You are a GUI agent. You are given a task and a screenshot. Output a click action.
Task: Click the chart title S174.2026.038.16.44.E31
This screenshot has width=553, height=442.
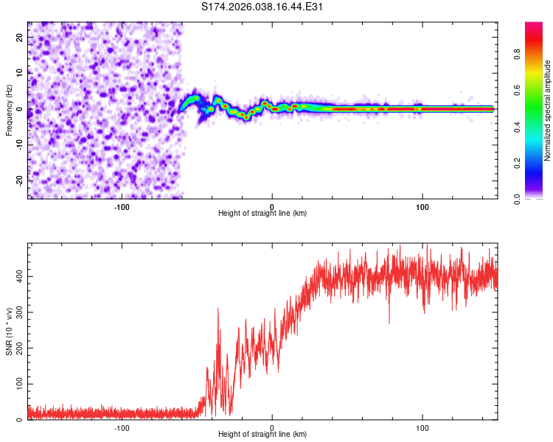pyautogui.click(x=263, y=7)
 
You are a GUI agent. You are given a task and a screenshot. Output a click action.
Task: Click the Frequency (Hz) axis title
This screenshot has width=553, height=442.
pyautogui.click(x=9, y=109)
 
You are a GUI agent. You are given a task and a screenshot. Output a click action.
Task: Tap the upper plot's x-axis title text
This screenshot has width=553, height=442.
pyautogui.click(x=262, y=213)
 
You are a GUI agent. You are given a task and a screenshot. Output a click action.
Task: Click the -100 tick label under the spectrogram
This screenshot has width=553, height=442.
pyautogui.click(x=122, y=206)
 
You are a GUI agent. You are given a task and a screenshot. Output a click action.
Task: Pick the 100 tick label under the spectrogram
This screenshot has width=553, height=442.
pyautogui.click(x=422, y=206)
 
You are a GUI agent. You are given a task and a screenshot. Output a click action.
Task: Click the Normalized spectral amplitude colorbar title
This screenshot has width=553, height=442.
pyautogui.click(x=547, y=109)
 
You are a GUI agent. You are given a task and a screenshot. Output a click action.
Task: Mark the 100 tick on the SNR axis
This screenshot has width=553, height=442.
pyautogui.click(x=18, y=384)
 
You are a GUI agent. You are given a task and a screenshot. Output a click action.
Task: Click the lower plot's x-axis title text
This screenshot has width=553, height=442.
pyautogui.click(x=262, y=434)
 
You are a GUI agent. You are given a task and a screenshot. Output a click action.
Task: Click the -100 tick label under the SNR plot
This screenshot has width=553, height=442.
pyautogui.click(x=122, y=427)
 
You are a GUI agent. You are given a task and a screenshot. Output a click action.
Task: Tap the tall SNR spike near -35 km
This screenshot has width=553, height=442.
pyautogui.click(x=218, y=309)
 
